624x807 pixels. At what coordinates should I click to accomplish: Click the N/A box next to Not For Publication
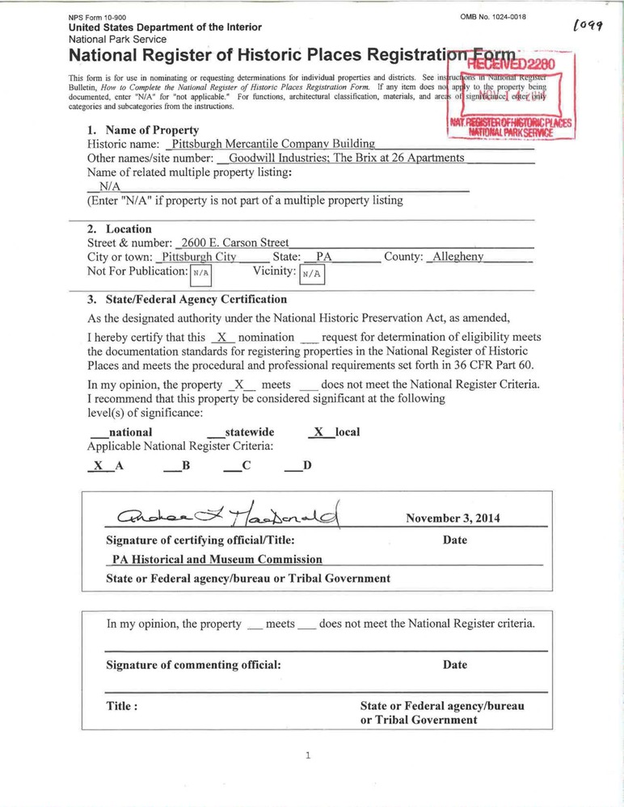point(200,273)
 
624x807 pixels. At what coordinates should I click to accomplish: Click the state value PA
point(324,257)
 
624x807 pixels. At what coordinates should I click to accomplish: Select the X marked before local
point(319,432)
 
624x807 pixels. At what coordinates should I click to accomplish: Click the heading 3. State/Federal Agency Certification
point(187,299)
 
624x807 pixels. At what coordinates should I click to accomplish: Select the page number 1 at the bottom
point(308,756)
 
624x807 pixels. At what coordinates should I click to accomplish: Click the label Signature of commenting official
point(194,665)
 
